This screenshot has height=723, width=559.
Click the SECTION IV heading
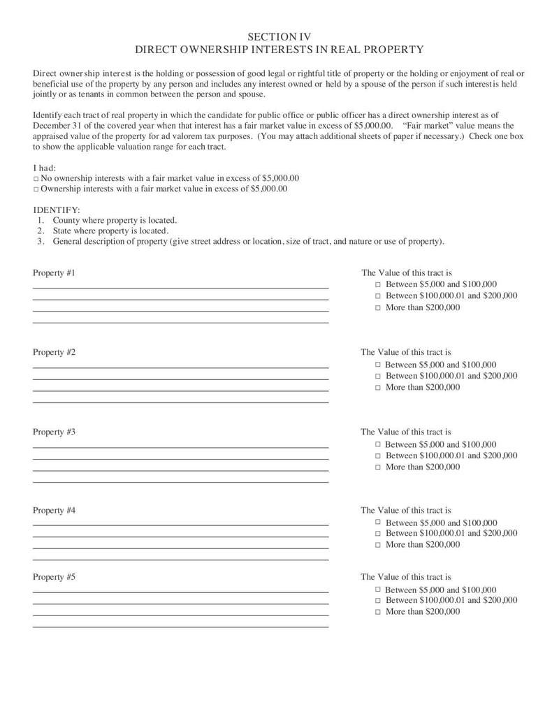click(279, 36)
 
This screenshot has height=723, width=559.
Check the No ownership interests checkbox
click(36, 179)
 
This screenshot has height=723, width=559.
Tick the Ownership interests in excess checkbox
click(36, 189)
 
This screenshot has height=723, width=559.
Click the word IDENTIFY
click(57, 210)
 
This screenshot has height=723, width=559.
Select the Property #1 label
click(54, 272)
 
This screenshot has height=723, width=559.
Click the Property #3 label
click(54, 432)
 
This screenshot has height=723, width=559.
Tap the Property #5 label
click(54, 577)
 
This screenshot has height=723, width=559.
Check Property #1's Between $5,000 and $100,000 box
click(378, 285)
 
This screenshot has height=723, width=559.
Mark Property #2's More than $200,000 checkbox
click(378, 387)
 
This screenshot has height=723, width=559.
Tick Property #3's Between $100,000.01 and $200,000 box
click(378, 455)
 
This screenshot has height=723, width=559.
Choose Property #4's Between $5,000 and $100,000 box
click(378, 523)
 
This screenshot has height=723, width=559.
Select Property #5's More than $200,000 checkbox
click(378, 612)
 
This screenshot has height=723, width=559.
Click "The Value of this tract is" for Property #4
click(406, 511)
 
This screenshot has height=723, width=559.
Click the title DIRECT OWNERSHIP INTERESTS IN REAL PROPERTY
click(279, 50)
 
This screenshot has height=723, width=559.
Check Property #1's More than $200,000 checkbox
click(378, 307)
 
